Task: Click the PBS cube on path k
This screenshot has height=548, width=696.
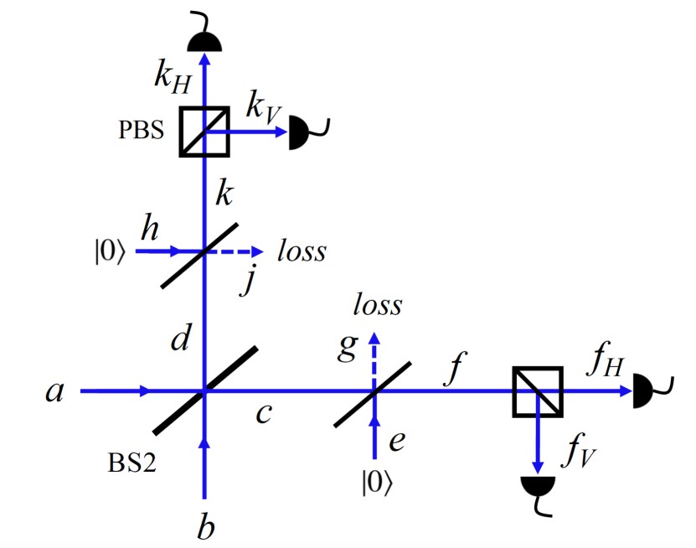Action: (204, 132)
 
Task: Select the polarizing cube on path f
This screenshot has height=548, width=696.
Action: (537, 391)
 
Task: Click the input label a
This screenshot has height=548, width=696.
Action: (54, 390)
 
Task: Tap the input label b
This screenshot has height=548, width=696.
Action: (204, 527)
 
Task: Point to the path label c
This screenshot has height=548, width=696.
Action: (265, 413)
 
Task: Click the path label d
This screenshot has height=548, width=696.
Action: (180, 339)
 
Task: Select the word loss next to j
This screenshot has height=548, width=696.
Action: (302, 251)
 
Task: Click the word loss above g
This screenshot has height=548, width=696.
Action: (377, 304)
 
